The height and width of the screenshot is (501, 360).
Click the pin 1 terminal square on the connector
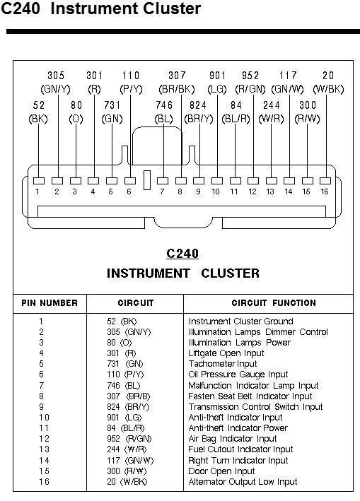(39, 181)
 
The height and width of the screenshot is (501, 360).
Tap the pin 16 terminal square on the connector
(325, 181)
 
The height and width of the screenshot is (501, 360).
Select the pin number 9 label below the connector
(198, 191)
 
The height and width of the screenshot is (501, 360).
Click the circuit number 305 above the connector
(56, 76)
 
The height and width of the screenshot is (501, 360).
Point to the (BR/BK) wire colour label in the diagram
(177, 89)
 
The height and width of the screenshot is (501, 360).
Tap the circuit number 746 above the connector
(164, 105)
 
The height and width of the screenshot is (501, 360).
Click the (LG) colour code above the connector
(217, 89)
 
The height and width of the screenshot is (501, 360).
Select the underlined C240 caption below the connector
(182, 254)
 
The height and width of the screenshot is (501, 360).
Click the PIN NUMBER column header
(50, 303)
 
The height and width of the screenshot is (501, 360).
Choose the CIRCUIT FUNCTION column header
(274, 303)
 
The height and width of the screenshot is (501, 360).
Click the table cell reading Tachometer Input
(223, 364)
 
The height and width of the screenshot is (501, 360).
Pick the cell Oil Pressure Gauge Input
(238, 374)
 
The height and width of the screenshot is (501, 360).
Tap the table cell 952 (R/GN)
(129, 439)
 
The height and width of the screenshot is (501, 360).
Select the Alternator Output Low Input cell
(243, 481)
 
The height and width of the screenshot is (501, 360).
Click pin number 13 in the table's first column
(44, 449)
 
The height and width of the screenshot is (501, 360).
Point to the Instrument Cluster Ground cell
(240, 321)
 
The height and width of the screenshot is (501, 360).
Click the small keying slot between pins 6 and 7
(147, 180)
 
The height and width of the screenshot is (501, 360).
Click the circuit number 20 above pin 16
(328, 76)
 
